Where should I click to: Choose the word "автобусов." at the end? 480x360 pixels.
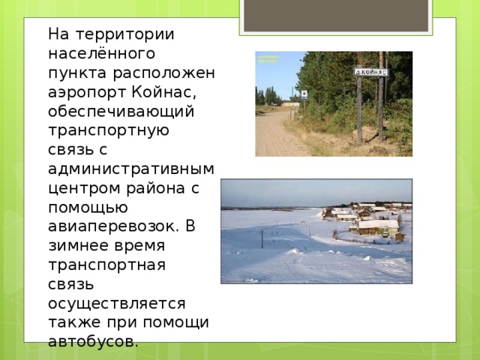(92, 341)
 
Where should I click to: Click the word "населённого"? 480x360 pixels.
(101, 54)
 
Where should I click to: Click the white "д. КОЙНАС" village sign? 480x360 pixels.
(370, 71)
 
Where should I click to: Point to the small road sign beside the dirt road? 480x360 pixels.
(303, 94)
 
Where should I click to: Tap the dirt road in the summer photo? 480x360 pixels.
(281, 135)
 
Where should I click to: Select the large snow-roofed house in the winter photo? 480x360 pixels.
(379, 227)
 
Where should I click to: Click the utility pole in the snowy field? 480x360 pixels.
(261, 238)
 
